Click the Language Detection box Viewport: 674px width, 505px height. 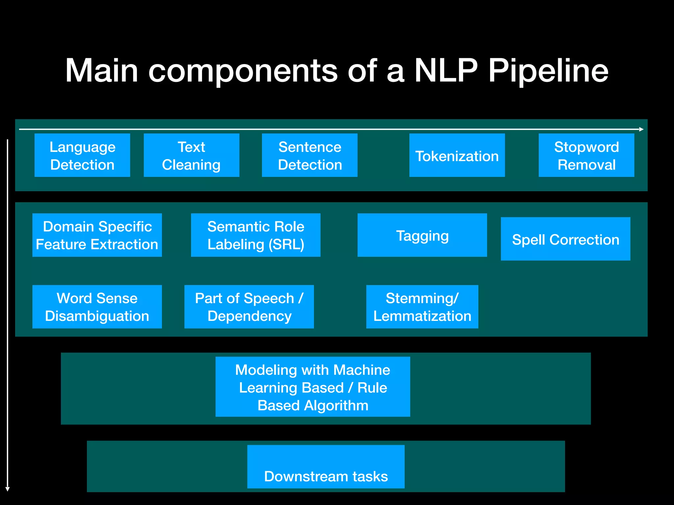point(82,155)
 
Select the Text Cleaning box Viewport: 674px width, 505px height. point(191,155)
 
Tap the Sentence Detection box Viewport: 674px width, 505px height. point(310,155)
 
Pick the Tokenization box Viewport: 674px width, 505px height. point(457,155)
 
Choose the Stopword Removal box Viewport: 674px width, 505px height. point(586,155)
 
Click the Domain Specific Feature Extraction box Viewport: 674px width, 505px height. point(97,235)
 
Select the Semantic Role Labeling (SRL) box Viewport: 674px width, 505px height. point(256,235)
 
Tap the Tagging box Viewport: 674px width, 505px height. point(422,235)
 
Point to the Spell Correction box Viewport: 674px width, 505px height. point(565,239)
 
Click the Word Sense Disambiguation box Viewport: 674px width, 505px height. point(97,307)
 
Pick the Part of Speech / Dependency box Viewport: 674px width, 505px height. point(249,307)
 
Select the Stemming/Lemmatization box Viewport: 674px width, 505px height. point(422,307)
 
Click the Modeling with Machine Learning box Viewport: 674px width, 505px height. point(313,387)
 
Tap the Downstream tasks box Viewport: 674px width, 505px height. point(326,467)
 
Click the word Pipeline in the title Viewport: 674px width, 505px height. point(548,71)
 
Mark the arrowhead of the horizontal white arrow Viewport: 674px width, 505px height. point(641,129)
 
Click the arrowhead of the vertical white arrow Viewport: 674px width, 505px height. point(8,489)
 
